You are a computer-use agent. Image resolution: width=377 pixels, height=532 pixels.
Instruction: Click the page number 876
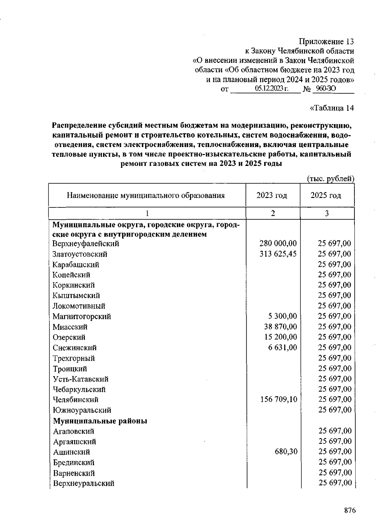tap(350, 510)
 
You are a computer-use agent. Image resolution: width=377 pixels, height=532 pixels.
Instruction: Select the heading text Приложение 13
tap(326, 41)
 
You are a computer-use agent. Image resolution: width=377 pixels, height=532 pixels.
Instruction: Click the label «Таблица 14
tap(332, 108)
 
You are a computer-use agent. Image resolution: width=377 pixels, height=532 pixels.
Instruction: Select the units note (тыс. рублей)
tap(330, 178)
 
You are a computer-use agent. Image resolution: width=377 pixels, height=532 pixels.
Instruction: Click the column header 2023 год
tap(272, 195)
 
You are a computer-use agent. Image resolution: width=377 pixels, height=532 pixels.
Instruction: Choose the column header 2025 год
tap(326, 195)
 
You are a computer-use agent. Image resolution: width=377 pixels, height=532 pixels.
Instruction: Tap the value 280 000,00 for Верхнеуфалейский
tap(278, 244)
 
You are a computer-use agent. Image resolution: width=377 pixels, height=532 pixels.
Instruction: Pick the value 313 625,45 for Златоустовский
tap(278, 254)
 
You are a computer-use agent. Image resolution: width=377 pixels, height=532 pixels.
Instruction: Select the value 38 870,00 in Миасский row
tap(280, 326)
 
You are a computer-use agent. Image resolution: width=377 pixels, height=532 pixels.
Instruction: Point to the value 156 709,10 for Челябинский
tap(278, 399)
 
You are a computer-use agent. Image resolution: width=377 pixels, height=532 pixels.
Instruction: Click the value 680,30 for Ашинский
tap(286, 452)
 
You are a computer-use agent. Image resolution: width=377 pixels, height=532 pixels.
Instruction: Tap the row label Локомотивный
tap(79, 306)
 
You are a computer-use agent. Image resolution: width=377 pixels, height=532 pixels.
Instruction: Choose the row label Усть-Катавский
tap(80, 379)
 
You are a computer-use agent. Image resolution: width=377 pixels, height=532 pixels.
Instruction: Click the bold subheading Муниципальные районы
tap(100, 421)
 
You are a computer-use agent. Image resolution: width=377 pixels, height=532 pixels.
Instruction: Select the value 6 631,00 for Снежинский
tap(282, 347)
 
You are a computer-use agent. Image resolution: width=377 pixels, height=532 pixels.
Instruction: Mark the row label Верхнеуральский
tap(84, 483)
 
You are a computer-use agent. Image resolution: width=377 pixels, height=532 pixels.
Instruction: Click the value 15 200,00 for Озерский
tap(280, 337)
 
